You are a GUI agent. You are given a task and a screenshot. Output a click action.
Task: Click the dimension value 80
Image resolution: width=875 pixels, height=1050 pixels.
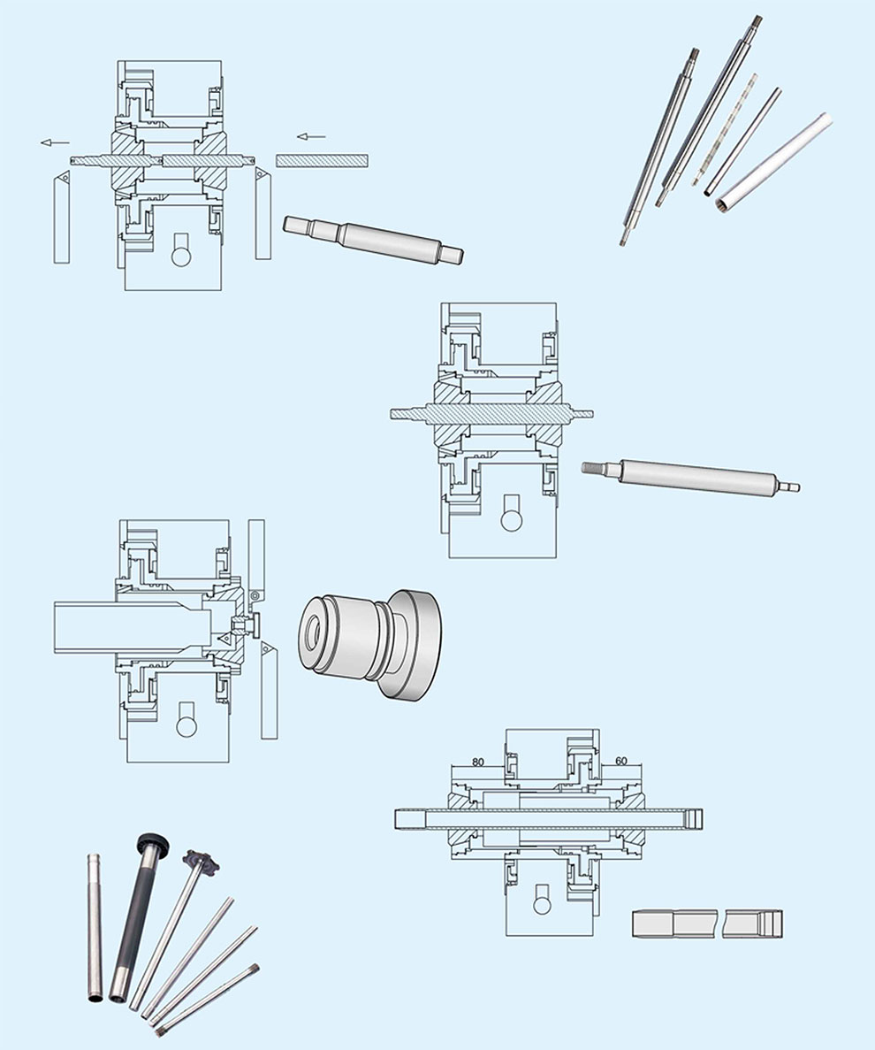point(477,762)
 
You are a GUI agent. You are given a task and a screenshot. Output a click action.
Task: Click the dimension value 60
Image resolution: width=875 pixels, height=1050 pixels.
point(620,762)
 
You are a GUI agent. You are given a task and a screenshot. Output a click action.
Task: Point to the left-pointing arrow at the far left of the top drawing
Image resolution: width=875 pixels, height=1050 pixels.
point(55,142)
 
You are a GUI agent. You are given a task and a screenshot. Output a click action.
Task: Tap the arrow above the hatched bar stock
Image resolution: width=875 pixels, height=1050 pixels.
point(311,137)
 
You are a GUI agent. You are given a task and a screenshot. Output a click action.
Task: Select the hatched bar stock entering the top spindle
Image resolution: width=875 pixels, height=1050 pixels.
point(322,160)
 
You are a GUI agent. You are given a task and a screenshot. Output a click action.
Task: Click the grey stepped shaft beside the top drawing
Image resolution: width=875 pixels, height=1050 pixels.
point(373,238)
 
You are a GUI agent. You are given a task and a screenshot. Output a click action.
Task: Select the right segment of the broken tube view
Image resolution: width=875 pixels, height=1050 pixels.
point(752,924)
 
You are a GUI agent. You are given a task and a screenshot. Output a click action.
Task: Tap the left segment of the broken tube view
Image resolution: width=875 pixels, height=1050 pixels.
point(675,924)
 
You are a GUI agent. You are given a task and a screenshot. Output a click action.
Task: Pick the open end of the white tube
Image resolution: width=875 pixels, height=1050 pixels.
point(727,203)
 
